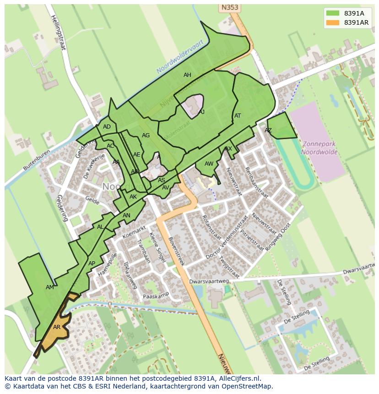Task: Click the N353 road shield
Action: pos(230,7)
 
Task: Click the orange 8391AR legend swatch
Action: pos(333,22)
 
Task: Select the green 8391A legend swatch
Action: pos(333,13)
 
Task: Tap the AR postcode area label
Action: pos(57,327)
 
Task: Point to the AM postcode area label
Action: pos(50,287)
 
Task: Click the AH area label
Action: pos(187,75)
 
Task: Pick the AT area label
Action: pos(238,116)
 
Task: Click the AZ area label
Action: pos(268,130)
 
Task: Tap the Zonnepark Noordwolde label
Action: pos(319,148)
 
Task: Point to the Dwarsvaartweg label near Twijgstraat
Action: pos(209,282)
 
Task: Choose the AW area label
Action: pos(209,164)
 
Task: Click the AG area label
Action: pos(146,135)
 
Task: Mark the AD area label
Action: pos(107,127)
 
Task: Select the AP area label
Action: pos(92,264)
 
